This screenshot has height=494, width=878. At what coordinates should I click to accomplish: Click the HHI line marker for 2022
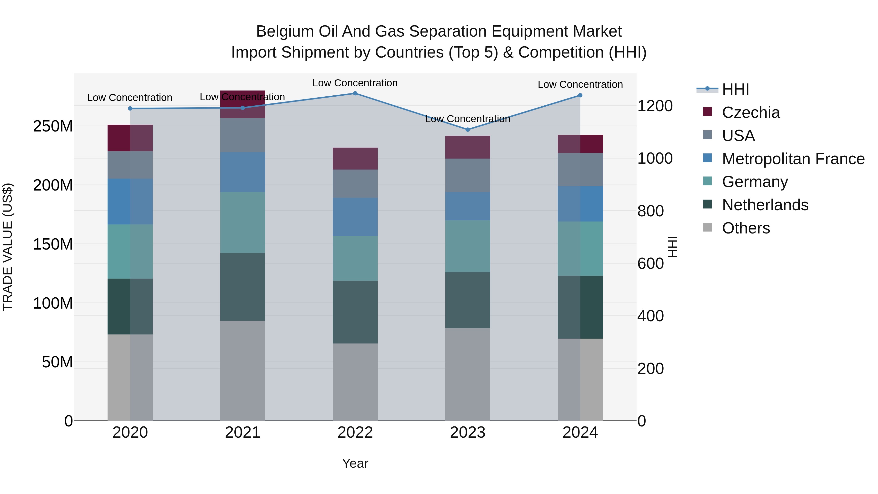coord(355,93)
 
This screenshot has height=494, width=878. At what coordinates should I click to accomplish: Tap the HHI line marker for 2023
coord(468,130)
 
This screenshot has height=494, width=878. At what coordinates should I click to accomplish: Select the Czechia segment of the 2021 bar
coord(242,104)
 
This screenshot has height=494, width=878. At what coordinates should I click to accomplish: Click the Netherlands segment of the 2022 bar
coord(355,312)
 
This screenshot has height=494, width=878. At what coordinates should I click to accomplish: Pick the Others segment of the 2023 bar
coord(468,374)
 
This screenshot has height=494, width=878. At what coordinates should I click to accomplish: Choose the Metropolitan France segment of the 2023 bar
coord(468,206)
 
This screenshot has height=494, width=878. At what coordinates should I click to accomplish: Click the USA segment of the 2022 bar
coord(355,183)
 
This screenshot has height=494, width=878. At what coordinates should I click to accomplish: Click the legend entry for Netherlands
coord(765,205)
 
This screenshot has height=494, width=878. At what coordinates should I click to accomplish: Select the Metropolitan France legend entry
coord(793,159)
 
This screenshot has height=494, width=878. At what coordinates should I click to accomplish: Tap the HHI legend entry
coord(735,89)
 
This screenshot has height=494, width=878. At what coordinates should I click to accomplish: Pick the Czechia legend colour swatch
coord(707,112)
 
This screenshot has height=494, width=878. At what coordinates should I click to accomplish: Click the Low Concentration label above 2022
coord(355,83)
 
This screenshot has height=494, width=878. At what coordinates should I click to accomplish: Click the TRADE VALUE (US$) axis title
coord(8,247)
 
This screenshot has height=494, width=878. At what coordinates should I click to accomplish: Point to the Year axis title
coord(355,463)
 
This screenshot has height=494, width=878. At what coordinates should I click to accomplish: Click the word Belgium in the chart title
coord(284,31)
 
